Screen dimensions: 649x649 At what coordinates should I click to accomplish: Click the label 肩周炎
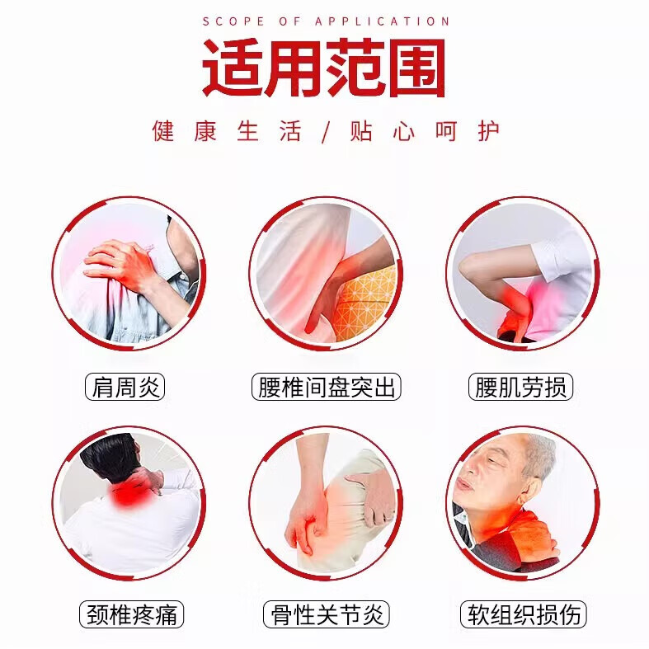125,387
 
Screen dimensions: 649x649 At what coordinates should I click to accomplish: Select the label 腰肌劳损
523,387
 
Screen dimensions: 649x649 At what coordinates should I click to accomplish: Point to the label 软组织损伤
524,614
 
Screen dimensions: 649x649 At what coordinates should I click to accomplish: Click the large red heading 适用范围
324,68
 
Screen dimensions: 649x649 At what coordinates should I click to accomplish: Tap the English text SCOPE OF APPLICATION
327,21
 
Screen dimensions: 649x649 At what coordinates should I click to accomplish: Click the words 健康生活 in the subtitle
227,132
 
